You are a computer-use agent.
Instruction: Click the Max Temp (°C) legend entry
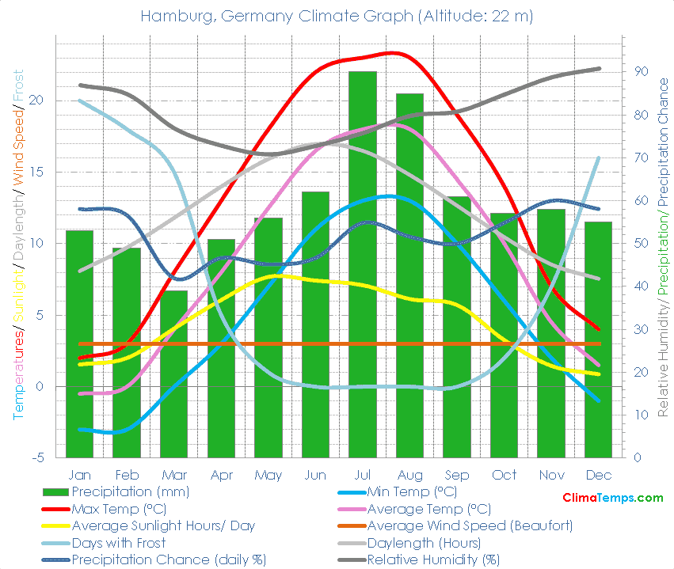pos(119,509)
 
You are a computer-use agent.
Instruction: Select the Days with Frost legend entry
pos(119,543)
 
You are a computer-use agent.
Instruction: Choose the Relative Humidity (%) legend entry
pos(434,560)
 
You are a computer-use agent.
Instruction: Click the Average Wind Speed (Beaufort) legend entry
pos(470,525)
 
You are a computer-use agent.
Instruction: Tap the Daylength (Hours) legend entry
pos(424,543)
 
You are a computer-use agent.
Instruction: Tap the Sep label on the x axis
pos(457,475)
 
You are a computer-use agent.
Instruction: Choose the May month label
pos(268,475)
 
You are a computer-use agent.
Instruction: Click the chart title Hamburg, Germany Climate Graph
pos(337,16)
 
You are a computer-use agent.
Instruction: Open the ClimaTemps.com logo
pos(612,498)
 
